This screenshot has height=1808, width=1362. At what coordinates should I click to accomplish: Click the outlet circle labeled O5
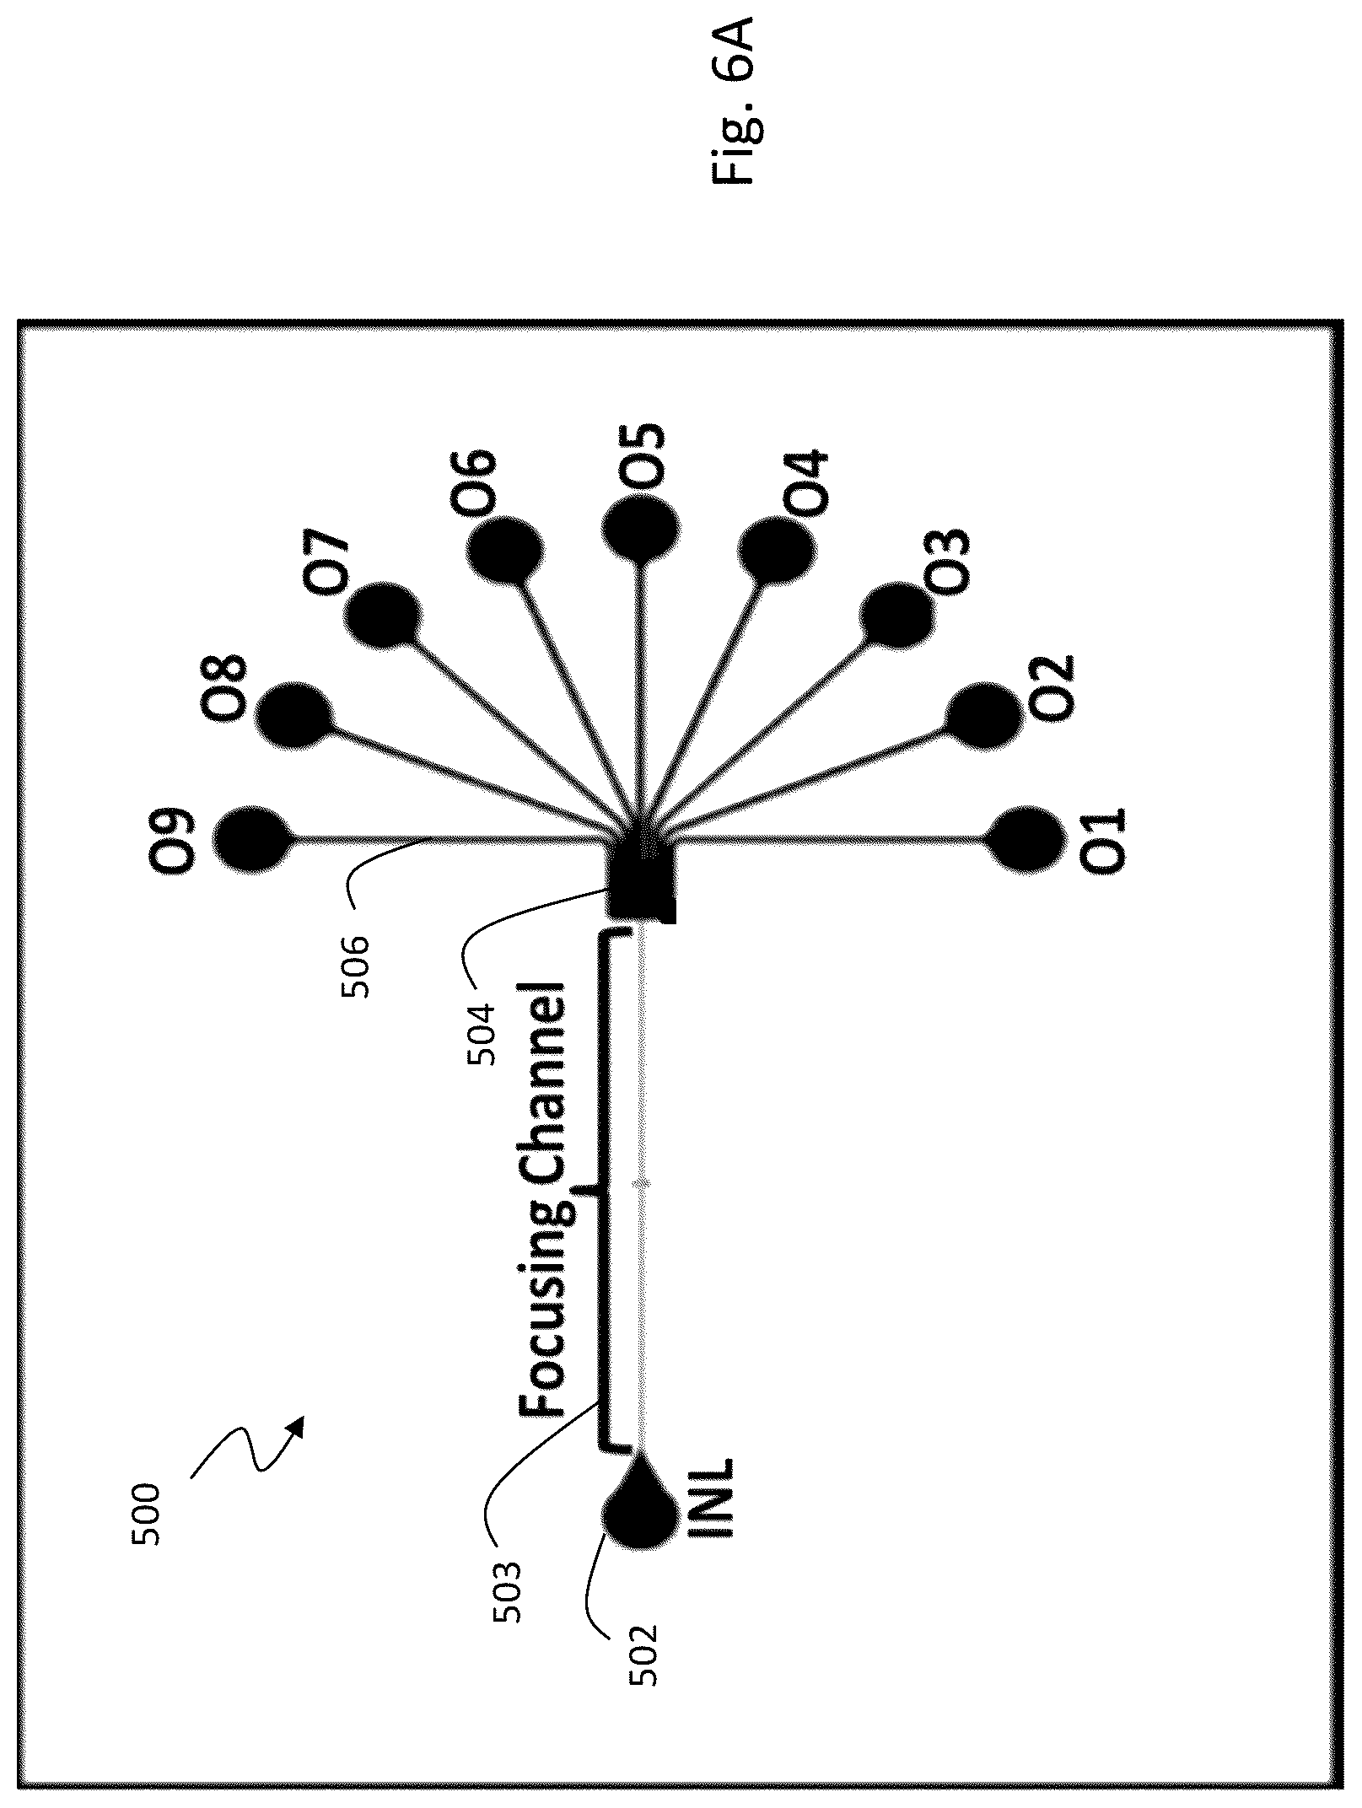642,529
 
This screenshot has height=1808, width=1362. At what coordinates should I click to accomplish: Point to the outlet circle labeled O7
383,614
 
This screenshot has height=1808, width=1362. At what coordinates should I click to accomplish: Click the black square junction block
642,884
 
